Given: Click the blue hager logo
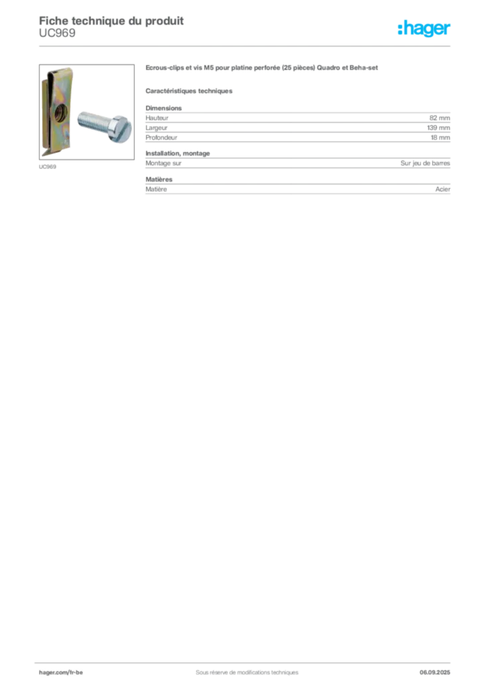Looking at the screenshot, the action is coord(425,29).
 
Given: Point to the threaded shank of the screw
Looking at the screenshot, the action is coord(92,121).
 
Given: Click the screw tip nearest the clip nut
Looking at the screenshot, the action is coord(79,119).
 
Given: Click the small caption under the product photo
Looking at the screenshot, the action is coord(47,167).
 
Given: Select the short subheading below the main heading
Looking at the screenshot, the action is coord(190,90).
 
